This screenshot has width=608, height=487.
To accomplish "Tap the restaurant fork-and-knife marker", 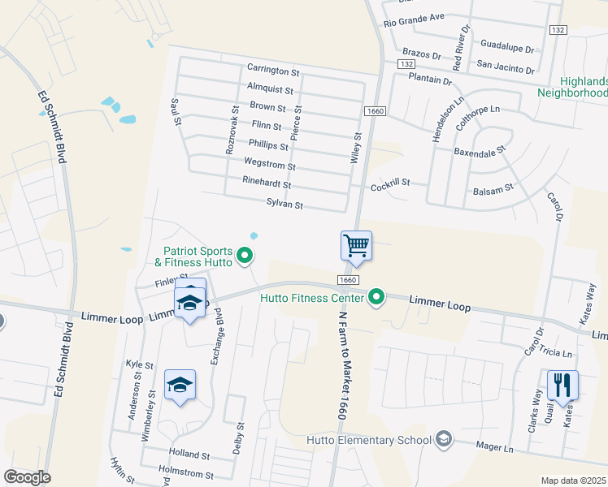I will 562,385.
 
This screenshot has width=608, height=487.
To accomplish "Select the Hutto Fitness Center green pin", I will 376,298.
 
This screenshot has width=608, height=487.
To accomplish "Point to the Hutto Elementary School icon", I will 443,440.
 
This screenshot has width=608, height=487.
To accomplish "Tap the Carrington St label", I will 268,69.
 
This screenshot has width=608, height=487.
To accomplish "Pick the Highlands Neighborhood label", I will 584,88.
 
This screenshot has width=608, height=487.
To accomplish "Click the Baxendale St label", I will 480,151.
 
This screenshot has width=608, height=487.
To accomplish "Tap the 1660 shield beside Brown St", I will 375,110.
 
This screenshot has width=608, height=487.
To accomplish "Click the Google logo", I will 27,477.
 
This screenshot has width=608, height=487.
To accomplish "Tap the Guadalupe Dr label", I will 507,47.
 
